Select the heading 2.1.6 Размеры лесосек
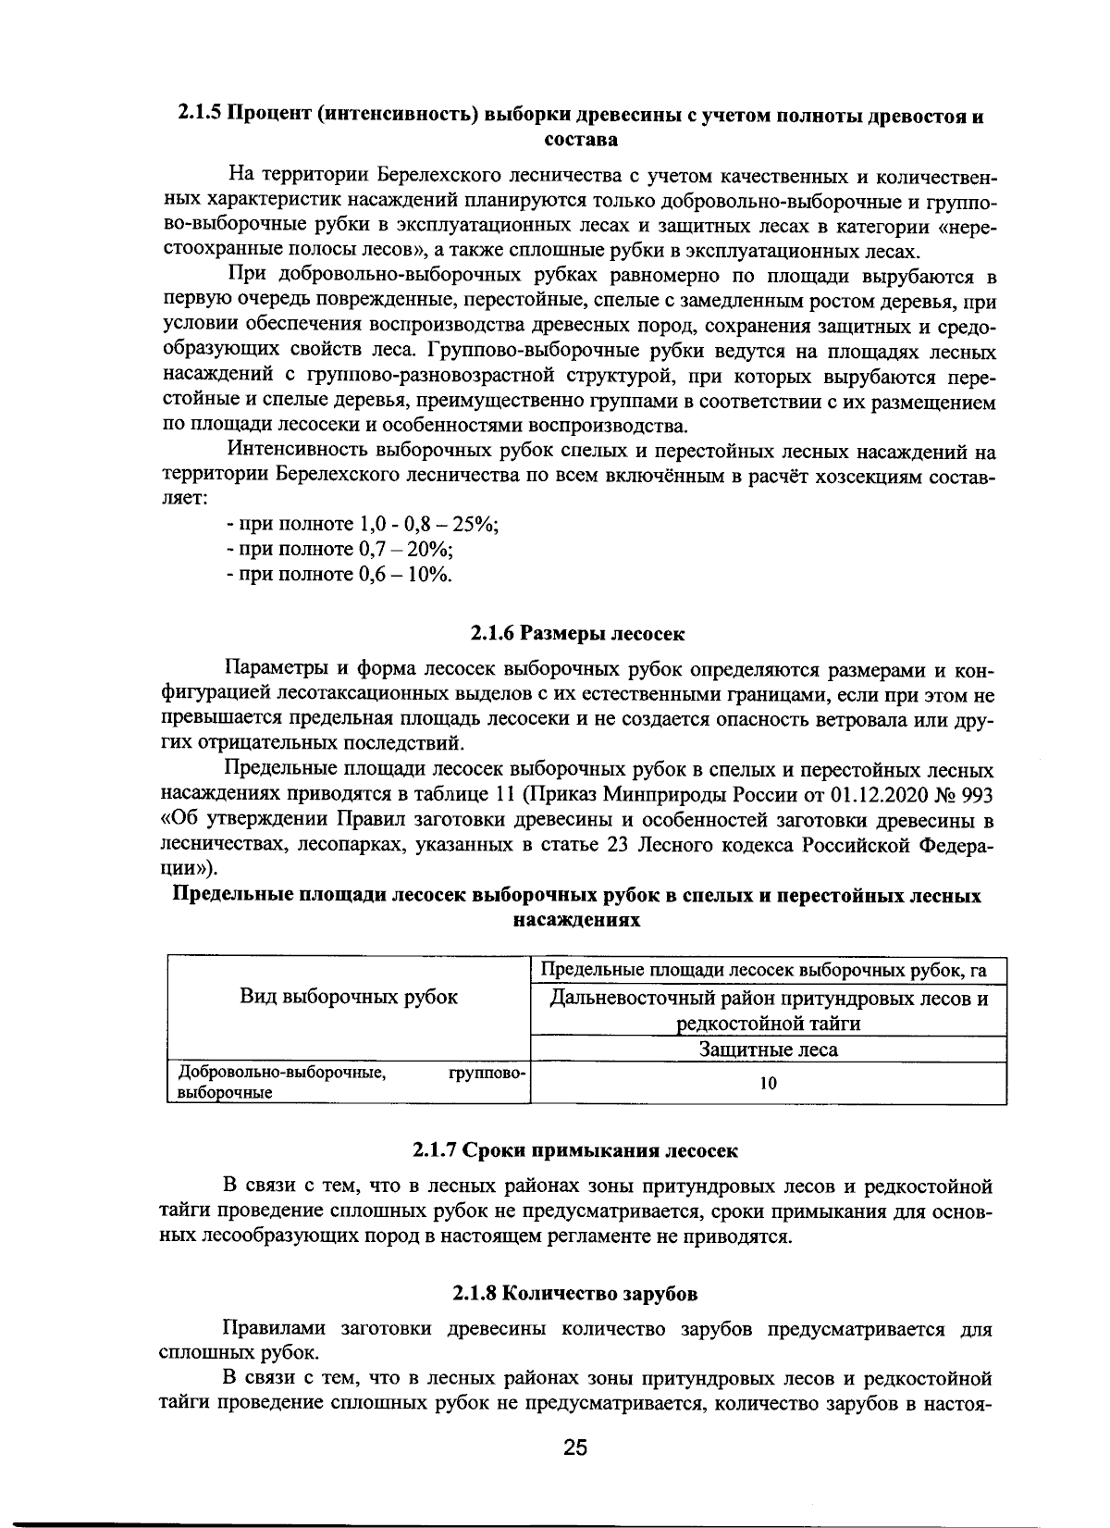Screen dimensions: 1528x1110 pyautogui.click(x=578, y=634)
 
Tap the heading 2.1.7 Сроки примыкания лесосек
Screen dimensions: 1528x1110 pyautogui.click(x=575, y=1150)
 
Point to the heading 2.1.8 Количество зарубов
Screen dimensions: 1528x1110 pyautogui.click(x=575, y=1294)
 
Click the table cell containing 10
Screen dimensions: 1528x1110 pyautogui.click(x=768, y=1084)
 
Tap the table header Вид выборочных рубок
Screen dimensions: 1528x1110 pyautogui.click(x=349, y=997)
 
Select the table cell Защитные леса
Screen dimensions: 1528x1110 pyautogui.click(x=768, y=1050)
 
